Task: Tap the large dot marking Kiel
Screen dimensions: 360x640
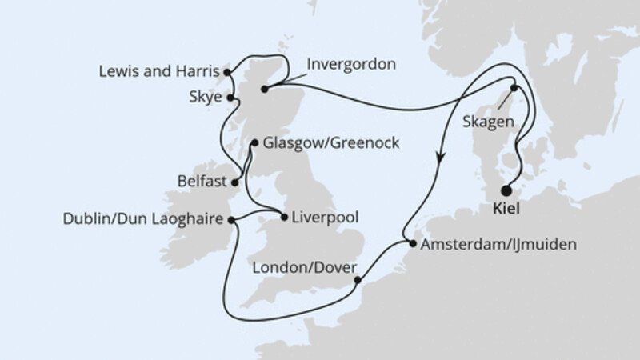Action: [506, 190]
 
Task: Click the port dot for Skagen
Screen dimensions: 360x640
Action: [515, 89]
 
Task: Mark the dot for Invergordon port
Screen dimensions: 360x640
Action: [266, 90]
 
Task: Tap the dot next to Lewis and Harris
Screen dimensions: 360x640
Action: [228, 72]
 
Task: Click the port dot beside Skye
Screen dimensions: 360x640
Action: [231, 98]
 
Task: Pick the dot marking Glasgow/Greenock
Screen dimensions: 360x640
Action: [254, 144]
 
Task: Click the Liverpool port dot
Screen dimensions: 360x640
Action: [284, 216]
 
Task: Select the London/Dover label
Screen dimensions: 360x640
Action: [302, 268]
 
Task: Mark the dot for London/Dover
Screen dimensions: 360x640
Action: [357, 280]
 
